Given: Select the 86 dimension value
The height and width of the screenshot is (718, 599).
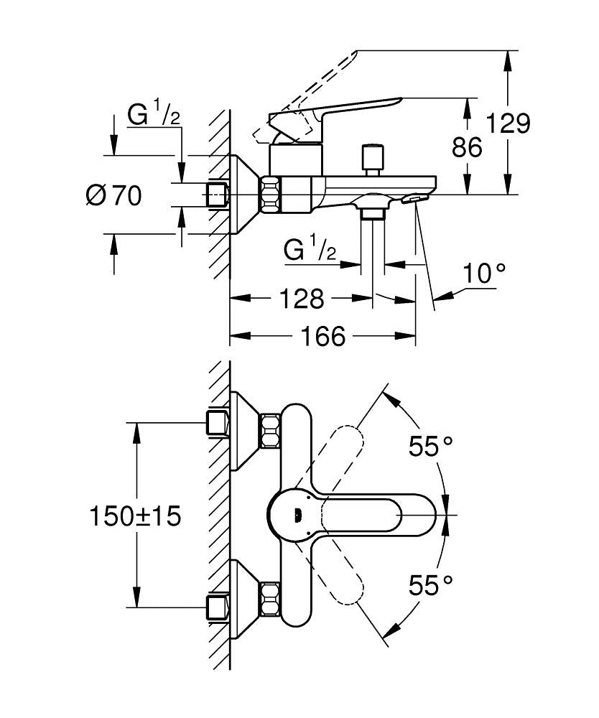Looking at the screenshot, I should click(x=467, y=147).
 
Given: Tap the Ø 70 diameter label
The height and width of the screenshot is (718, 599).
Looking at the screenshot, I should click(x=113, y=195).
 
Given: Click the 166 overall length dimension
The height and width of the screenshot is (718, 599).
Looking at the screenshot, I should click(x=322, y=335).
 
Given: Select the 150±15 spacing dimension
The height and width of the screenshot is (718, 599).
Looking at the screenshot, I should click(x=135, y=515).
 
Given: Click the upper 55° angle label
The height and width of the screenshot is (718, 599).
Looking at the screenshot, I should click(x=430, y=447).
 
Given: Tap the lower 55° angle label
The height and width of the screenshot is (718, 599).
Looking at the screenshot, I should click(x=430, y=585).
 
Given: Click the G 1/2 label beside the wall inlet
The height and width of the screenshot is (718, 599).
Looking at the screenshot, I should click(x=154, y=116).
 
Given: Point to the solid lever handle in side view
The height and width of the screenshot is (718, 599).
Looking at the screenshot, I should click(x=338, y=112).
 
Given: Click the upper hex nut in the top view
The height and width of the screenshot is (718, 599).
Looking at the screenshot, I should click(x=270, y=431).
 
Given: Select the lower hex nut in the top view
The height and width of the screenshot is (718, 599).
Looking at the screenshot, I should click(x=270, y=600).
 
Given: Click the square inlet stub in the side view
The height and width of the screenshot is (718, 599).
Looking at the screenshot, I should click(x=216, y=195).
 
